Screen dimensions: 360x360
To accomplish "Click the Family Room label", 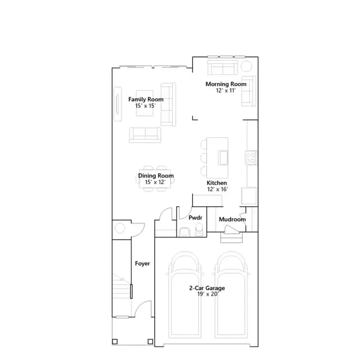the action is [146, 100].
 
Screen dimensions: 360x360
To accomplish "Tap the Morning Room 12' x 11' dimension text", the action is [226, 91].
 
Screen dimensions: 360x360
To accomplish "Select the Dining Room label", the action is [156, 176].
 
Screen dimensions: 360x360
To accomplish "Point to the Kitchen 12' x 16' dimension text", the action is [218, 189].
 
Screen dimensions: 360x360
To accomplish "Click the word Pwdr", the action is [195, 218].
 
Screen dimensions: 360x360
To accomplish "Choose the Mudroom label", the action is [232, 219].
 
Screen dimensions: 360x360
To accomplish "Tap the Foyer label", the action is [142, 264].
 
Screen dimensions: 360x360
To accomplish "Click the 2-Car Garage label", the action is [207, 288].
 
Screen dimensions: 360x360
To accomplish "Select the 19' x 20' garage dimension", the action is [208, 294].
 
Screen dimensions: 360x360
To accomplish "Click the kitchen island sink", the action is [223, 157].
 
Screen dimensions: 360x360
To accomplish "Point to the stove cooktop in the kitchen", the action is [250, 157].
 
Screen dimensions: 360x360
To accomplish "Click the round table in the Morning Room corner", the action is [246, 66].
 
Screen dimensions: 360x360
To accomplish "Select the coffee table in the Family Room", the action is [145, 103].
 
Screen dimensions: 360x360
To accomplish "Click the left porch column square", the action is [115, 341].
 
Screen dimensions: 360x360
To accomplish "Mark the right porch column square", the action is [150, 341].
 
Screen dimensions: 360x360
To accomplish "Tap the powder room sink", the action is [184, 231].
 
